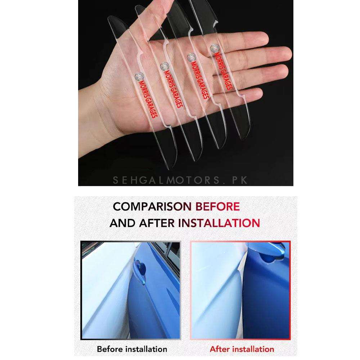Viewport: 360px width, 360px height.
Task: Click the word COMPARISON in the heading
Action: point(152,206)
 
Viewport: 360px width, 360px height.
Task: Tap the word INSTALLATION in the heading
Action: point(219,223)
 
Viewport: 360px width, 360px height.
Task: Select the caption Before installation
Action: point(132,349)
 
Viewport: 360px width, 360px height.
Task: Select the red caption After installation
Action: point(242,349)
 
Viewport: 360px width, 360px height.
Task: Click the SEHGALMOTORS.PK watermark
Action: point(180,180)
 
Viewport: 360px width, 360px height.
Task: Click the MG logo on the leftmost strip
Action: point(139,76)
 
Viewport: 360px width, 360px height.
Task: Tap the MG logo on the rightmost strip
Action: point(215,49)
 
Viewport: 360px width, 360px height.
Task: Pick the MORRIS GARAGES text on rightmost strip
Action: point(224,71)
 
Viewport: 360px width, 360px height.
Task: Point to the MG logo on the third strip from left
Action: point(191,57)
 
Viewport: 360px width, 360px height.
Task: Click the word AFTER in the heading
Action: point(157,223)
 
